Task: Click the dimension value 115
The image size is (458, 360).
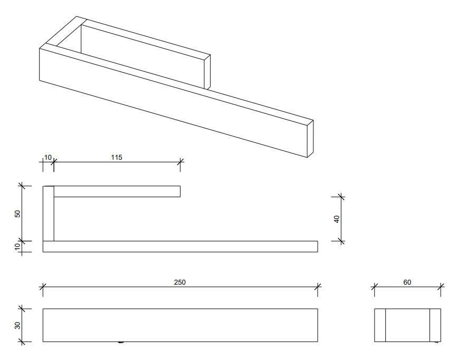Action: (x=117, y=157)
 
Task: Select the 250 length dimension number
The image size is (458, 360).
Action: (x=180, y=281)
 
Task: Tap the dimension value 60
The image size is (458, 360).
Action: (x=407, y=282)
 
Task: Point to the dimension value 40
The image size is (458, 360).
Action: (x=337, y=219)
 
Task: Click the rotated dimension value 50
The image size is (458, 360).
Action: (x=17, y=213)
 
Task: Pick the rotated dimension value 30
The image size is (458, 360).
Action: (x=17, y=325)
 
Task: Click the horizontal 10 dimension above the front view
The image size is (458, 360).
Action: (x=48, y=157)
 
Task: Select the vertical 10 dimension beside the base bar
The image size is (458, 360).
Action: (x=17, y=246)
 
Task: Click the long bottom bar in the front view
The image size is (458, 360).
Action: (x=180, y=247)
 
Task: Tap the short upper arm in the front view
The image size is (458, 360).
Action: (x=117, y=192)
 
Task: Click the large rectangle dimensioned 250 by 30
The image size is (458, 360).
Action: (x=180, y=325)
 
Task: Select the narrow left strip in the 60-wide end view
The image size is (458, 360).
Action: (x=380, y=325)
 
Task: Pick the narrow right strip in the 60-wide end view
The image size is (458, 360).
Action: (x=435, y=325)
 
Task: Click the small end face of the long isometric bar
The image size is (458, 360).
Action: (x=310, y=138)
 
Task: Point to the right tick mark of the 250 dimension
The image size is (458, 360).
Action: (x=318, y=286)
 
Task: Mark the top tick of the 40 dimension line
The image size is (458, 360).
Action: (x=341, y=197)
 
